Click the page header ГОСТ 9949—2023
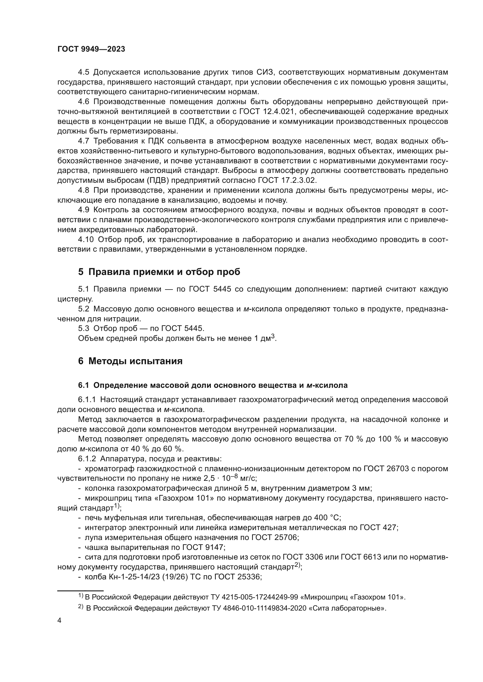[91, 49]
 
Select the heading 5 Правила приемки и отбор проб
[159, 272]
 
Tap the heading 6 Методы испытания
[130, 361]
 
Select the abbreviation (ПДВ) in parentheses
[157, 180]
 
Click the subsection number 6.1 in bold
[84, 385]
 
